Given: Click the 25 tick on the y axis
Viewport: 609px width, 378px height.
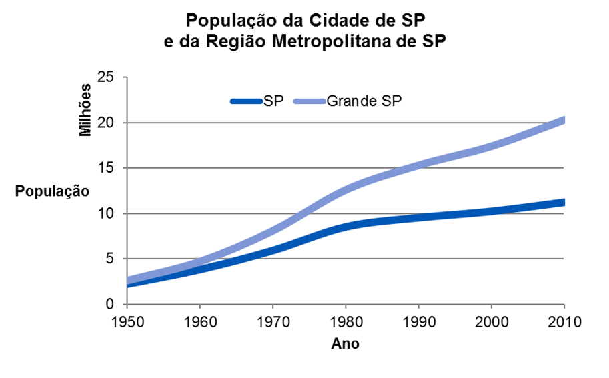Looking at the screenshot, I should coord(106,77).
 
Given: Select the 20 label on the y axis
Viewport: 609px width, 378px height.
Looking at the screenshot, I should coord(106,123).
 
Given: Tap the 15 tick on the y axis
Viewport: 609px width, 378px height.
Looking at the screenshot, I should coord(106,168).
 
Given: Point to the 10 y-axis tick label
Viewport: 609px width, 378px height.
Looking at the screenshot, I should coord(106,213).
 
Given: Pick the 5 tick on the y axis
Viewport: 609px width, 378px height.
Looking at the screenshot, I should coord(110,259).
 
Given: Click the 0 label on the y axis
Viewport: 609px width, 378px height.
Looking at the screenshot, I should coord(110,304).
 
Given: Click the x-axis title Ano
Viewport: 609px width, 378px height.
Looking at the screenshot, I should coord(345,344).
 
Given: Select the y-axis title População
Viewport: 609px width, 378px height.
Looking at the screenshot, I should coord(53,191).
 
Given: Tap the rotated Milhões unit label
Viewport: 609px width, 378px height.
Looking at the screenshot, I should coord(85,111).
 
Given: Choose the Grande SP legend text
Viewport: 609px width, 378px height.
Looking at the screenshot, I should coord(364,101).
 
